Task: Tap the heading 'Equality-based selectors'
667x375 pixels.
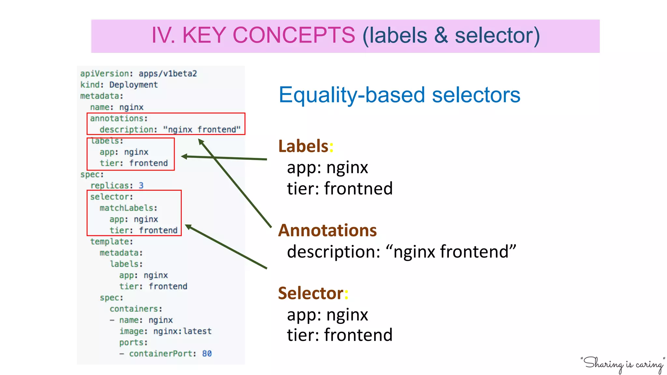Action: (399, 95)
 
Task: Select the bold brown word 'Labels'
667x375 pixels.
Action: (303, 146)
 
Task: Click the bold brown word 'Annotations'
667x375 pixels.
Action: (327, 230)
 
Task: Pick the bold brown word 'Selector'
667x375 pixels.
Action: (310, 293)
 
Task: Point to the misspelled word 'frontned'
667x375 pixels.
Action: (358, 188)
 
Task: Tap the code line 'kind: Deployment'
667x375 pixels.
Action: (119, 85)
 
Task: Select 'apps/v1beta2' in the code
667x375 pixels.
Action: (168, 74)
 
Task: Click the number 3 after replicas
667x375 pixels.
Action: (141, 186)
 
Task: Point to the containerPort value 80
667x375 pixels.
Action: (207, 354)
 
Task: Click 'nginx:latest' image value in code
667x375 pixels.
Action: (182, 331)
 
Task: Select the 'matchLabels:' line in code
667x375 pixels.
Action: (128, 208)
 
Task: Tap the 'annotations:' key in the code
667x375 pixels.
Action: (119, 118)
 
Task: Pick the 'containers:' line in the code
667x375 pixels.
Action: (136, 309)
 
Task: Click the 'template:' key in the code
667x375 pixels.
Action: (111, 242)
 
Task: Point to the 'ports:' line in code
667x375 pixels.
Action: (133, 342)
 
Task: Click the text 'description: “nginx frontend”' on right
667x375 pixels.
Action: (401, 252)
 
